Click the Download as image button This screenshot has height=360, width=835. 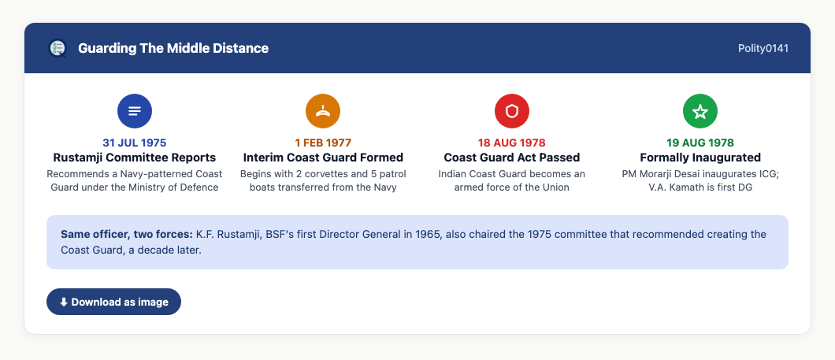[113, 302]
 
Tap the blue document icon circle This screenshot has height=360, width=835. [135, 111]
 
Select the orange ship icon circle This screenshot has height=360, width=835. [323, 111]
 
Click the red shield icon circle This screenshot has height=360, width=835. [512, 111]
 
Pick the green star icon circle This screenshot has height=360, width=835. [700, 111]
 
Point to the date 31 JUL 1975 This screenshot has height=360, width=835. [135, 143]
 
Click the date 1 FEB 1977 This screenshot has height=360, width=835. [323, 143]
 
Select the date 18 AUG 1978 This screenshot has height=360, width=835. [512, 143]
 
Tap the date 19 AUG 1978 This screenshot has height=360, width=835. [700, 143]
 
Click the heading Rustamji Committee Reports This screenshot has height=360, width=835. [135, 158]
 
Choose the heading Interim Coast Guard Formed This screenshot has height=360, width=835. [323, 158]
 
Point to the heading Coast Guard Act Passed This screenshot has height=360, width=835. [512, 158]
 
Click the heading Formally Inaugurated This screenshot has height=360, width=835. [700, 158]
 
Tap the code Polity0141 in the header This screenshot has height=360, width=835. [763, 49]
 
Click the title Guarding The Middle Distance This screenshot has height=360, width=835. [173, 49]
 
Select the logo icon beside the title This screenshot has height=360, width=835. [57, 49]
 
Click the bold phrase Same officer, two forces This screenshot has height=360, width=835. [127, 234]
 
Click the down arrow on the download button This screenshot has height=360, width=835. [63, 302]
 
